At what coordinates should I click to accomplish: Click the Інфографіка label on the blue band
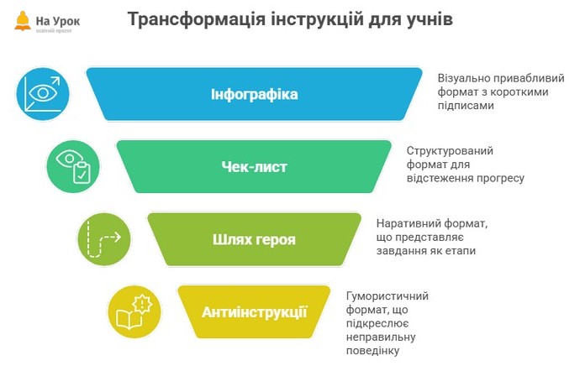pyautogui.click(x=254, y=93)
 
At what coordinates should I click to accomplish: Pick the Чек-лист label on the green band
pyautogui.click(x=254, y=167)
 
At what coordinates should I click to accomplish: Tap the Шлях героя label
pyautogui.click(x=254, y=240)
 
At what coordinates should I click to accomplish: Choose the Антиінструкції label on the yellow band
pyautogui.click(x=254, y=312)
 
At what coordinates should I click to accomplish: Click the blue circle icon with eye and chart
pyautogui.click(x=44, y=93)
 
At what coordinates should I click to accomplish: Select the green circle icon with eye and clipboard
pyautogui.click(x=73, y=166)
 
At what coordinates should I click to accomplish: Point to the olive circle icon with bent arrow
pyautogui.click(x=104, y=239)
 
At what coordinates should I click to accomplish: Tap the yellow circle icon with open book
pyautogui.click(x=135, y=312)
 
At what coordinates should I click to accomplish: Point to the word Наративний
pyautogui.click(x=408, y=223)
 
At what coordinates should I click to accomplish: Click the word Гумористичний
pyautogui.click(x=387, y=296)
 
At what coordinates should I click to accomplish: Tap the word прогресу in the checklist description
pyautogui.click(x=500, y=178)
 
